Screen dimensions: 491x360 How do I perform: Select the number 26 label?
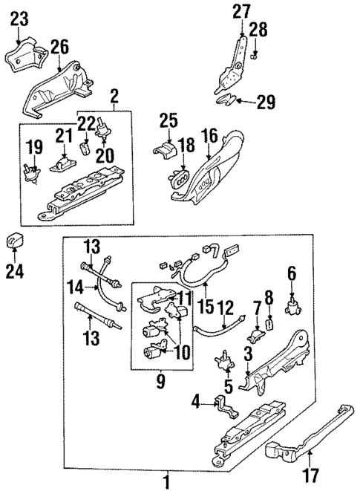[x=59, y=48]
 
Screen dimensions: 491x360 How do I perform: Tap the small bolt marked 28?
[x=254, y=54]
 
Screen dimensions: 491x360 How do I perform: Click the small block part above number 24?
[x=16, y=242]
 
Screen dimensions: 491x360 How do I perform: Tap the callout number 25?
[x=168, y=120]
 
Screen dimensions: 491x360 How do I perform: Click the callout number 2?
[x=114, y=95]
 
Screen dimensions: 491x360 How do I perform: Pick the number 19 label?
[x=33, y=146]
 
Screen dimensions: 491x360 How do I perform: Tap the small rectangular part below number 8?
[x=270, y=324]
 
